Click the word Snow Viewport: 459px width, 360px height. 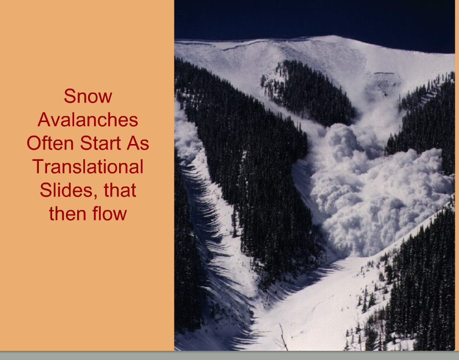coord(88,96)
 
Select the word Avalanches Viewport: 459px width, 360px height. coord(88,119)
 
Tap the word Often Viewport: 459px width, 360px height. coord(50,143)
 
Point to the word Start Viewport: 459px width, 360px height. coord(100,143)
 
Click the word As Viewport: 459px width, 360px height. coord(138,143)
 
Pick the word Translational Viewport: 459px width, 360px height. coord(88,166)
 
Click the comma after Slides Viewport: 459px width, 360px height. coord(96,197)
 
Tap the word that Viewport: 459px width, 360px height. coord(120,190)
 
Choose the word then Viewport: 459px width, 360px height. coord(67,213)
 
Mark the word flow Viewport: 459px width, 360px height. coord(109,213)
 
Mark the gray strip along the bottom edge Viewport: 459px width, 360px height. coord(229,355)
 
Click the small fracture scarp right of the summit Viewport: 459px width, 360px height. coord(384,73)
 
